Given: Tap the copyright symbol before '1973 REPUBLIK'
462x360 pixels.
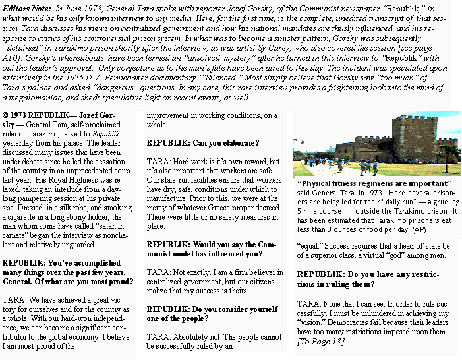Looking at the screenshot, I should [5, 116].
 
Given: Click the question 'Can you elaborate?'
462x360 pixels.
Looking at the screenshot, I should [203, 143].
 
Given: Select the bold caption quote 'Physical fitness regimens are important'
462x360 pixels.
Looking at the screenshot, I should [375, 183].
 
